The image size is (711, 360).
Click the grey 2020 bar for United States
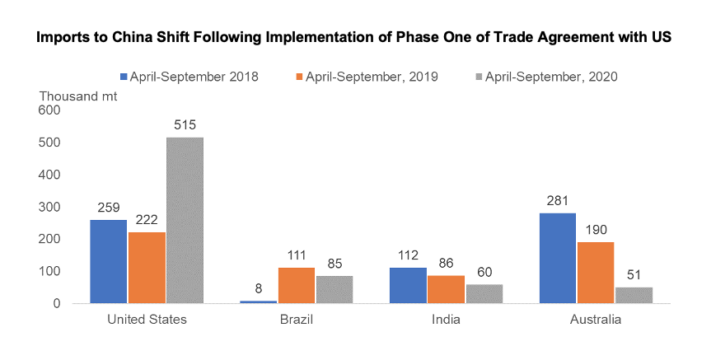click(x=185, y=220)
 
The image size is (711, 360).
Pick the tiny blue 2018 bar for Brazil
click(x=258, y=302)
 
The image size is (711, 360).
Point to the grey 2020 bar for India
click(x=484, y=293)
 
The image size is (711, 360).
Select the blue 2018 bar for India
click(x=408, y=285)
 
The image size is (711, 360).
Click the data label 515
click(x=185, y=125)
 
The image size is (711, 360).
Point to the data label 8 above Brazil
click(x=258, y=289)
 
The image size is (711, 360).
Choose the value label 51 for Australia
click(x=634, y=275)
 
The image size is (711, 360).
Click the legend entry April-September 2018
click(x=189, y=77)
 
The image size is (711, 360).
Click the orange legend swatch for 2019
click(x=297, y=77)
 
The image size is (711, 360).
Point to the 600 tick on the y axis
click(x=50, y=110)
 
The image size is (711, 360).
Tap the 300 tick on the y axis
click(x=50, y=207)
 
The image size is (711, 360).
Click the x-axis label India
click(x=446, y=320)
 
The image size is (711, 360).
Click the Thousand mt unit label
click(x=78, y=95)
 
